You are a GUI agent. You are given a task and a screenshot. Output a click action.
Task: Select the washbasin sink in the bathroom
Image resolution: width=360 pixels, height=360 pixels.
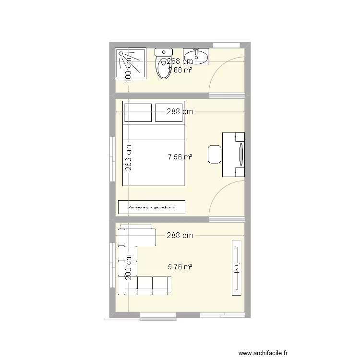(x=196, y=56)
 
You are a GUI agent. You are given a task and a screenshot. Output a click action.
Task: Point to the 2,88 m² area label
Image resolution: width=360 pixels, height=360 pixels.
(x=180, y=70)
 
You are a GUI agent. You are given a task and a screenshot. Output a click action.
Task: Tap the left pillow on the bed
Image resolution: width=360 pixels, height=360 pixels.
(x=138, y=112)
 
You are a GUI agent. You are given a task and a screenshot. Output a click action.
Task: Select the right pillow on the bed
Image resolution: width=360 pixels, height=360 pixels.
(x=169, y=112)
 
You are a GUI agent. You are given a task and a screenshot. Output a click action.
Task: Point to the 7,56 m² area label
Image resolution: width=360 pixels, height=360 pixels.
(x=180, y=156)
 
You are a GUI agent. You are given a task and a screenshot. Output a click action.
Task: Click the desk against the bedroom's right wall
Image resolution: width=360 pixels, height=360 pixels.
(x=239, y=155)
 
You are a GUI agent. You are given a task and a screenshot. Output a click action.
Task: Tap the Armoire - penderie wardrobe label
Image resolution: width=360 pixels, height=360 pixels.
(x=152, y=207)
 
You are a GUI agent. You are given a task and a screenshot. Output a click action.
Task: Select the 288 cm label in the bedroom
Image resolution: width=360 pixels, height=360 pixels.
(x=180, y=112)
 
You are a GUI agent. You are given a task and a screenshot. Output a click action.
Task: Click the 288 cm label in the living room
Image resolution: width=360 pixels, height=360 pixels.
(x=180, y=236)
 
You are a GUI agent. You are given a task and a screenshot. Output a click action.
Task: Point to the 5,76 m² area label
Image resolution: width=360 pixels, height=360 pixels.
(x=180, y=267)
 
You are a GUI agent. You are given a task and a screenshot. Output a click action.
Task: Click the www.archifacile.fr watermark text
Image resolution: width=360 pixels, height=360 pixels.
(x=264, y=353)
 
